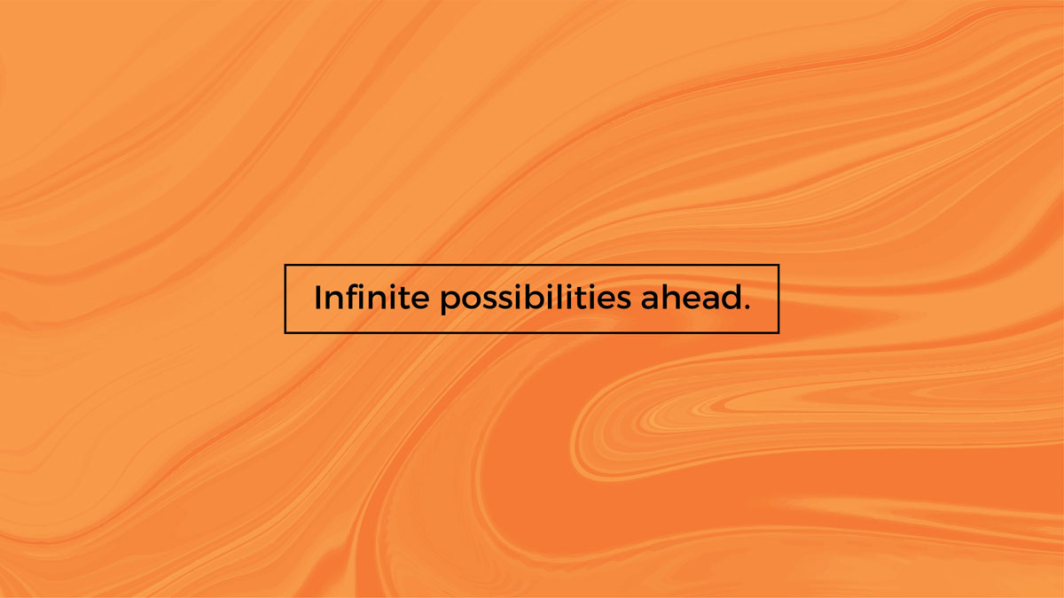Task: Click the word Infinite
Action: [372, 297]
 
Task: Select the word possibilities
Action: [536, 299]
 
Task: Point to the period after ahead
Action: [747, 307]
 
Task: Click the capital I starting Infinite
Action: [317, 298]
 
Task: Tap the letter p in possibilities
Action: [450, 302]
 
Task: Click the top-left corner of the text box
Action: [285, 265]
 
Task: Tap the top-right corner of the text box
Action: [778, 265]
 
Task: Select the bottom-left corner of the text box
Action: [285, 333]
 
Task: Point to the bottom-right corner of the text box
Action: [778, 333]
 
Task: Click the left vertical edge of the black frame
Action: [285, 299]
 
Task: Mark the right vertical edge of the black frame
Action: [778, 299]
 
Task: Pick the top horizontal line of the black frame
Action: [532, 265]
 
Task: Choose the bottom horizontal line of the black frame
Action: [532, 333]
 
